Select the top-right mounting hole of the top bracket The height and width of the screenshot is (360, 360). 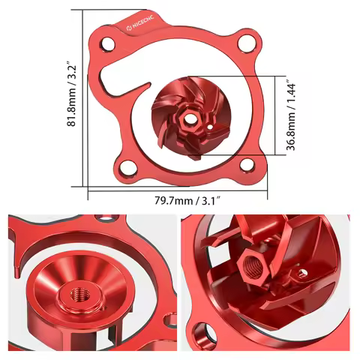(x=244, y=43)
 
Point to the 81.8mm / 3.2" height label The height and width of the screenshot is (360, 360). (x=72, y=94)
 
